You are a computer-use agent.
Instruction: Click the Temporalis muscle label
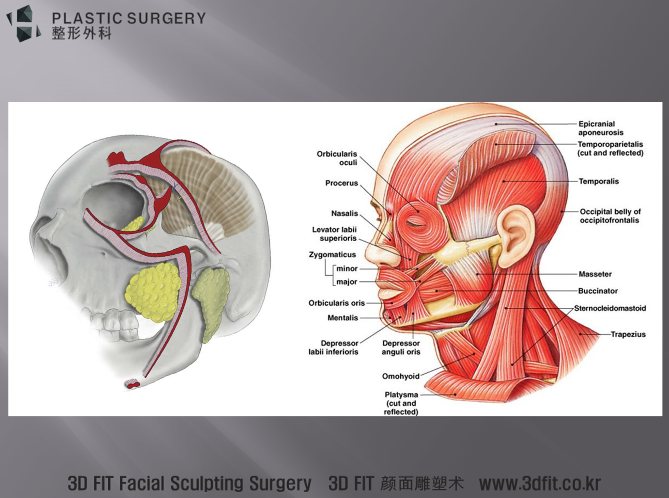tap(599, 181)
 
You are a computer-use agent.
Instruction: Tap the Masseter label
tap(595, 274)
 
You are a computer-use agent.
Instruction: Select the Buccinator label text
tap(598, 291)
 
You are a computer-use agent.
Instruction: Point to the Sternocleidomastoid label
tap(610, 308)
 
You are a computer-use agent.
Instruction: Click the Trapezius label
tap(628, 334)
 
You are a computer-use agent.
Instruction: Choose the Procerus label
tap(342, 183)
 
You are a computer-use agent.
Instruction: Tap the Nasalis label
tap(345, 213)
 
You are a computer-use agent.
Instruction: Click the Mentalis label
tap(343, 318)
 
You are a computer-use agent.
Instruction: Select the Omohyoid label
tap(401, 376)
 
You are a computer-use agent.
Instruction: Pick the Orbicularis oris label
tap(337, 303)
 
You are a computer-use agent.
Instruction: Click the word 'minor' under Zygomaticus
tap(347, 269)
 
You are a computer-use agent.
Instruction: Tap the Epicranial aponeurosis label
tap(601, 128)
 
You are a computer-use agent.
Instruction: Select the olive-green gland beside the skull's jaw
tap(210, 301)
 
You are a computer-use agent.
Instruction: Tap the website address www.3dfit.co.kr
tap(540, 483)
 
